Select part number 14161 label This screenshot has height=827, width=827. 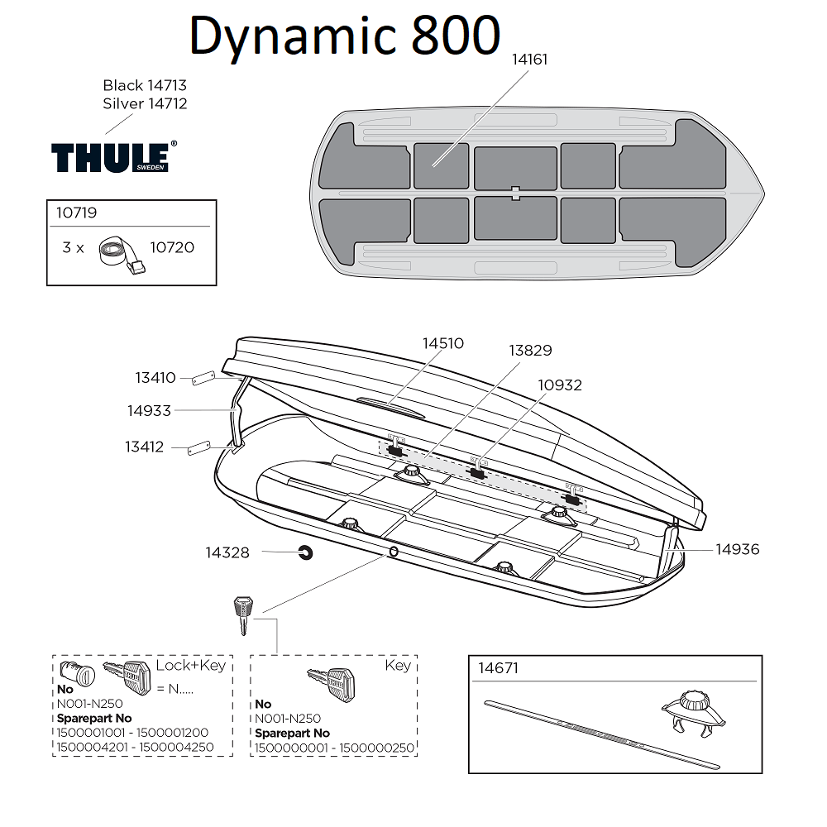click(x=529, y=60)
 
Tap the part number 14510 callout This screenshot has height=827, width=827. click(x=443, y=343)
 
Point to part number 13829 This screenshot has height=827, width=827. click(x=530, y=351)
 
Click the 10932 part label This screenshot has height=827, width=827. click(x=560, y=385)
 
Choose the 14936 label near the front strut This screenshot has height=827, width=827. click(x=738, y=549)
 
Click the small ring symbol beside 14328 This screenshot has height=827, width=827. click(x=304, y=552)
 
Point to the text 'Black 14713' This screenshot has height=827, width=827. click(x=145, y=85)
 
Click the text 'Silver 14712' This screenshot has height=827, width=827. click(x=145, y=103)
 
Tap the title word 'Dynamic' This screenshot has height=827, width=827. click(x=293, y=36)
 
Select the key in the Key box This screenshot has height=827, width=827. click(x=329, y=681)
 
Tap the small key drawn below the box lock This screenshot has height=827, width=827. click(x=242, y=614)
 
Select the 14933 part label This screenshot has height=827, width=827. click(x=149, y=410)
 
